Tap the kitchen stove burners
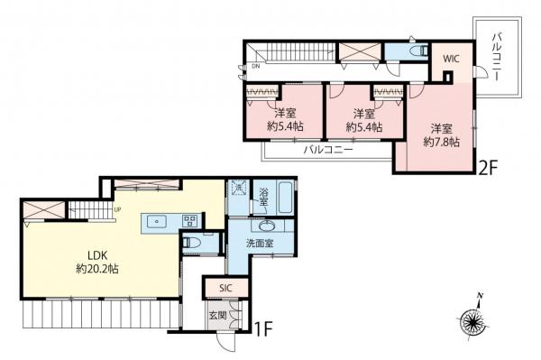tap(190, 219)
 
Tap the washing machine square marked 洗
tap(239, 190)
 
